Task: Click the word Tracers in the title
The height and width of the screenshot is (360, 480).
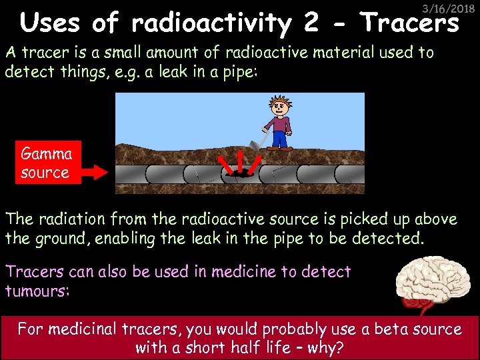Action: (x=410, y=24)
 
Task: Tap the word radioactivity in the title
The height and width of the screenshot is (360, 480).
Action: (x=212, y=24)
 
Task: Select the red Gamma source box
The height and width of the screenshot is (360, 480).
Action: (x=46, y=163)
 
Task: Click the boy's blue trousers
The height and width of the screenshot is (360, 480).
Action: (x=280, y=139)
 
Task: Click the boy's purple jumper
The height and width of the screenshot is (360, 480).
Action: (x=279, y=123)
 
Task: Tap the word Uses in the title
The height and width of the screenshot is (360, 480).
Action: (x=52, y=24)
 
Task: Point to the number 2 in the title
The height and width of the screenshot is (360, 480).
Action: (x=311, y=24)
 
